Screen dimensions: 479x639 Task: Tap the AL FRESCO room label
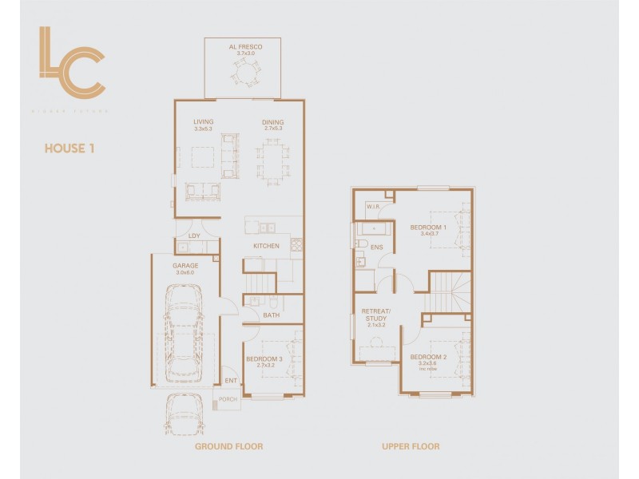pos(244,48)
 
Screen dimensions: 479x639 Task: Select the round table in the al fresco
pos(244,73)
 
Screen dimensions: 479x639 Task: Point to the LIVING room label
pos(204,123)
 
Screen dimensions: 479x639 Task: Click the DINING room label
pos(273,123)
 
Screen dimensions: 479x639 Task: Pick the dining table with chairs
pos(272,162)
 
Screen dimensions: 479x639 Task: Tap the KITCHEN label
pos(266,246)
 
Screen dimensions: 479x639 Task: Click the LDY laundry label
pos(194,236)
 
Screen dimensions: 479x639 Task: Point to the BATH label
pos(270,315)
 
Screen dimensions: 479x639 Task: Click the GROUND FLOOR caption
pos(228,446)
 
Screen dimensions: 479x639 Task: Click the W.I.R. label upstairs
pos(372,207)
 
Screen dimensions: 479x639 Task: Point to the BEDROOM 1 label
pos(428,228)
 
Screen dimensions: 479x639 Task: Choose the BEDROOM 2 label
pos(428,357)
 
